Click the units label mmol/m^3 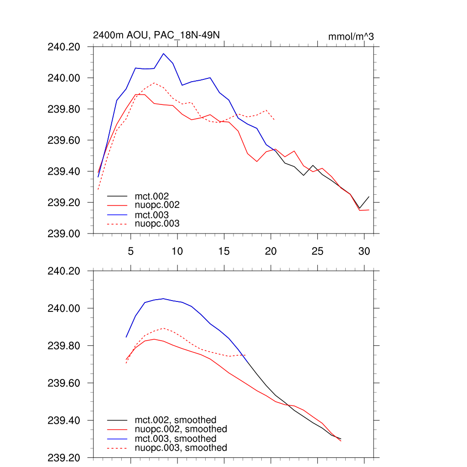point(351,36)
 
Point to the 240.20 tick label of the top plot point(64,47)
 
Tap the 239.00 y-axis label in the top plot point(64,233)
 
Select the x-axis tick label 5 point(130,251)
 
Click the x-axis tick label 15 point(224,251)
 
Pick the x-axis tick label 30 point(364,251)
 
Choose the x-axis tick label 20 point(271,251)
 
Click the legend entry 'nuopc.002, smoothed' point(181,429)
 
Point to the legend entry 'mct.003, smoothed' point(176,439)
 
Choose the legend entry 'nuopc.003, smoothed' point(181,448)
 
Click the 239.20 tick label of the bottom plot point(64,457)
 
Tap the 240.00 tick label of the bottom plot point(64,308)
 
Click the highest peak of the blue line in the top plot point(163,53)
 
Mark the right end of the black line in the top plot point(368,197)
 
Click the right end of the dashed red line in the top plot point(274,119)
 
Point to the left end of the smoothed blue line point(126,337)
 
